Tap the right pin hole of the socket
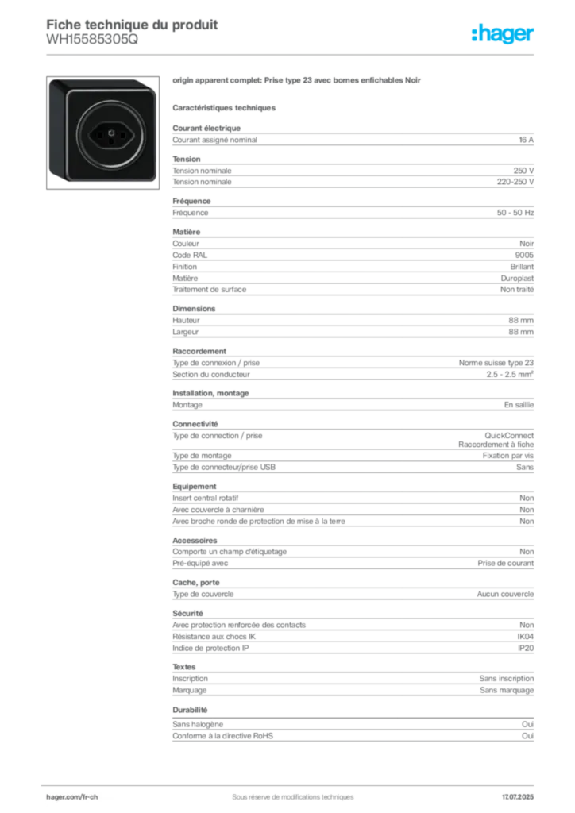121,133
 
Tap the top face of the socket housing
103,83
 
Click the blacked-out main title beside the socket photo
299,81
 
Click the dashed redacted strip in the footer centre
286,792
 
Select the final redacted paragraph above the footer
353,731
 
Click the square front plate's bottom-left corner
69,170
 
